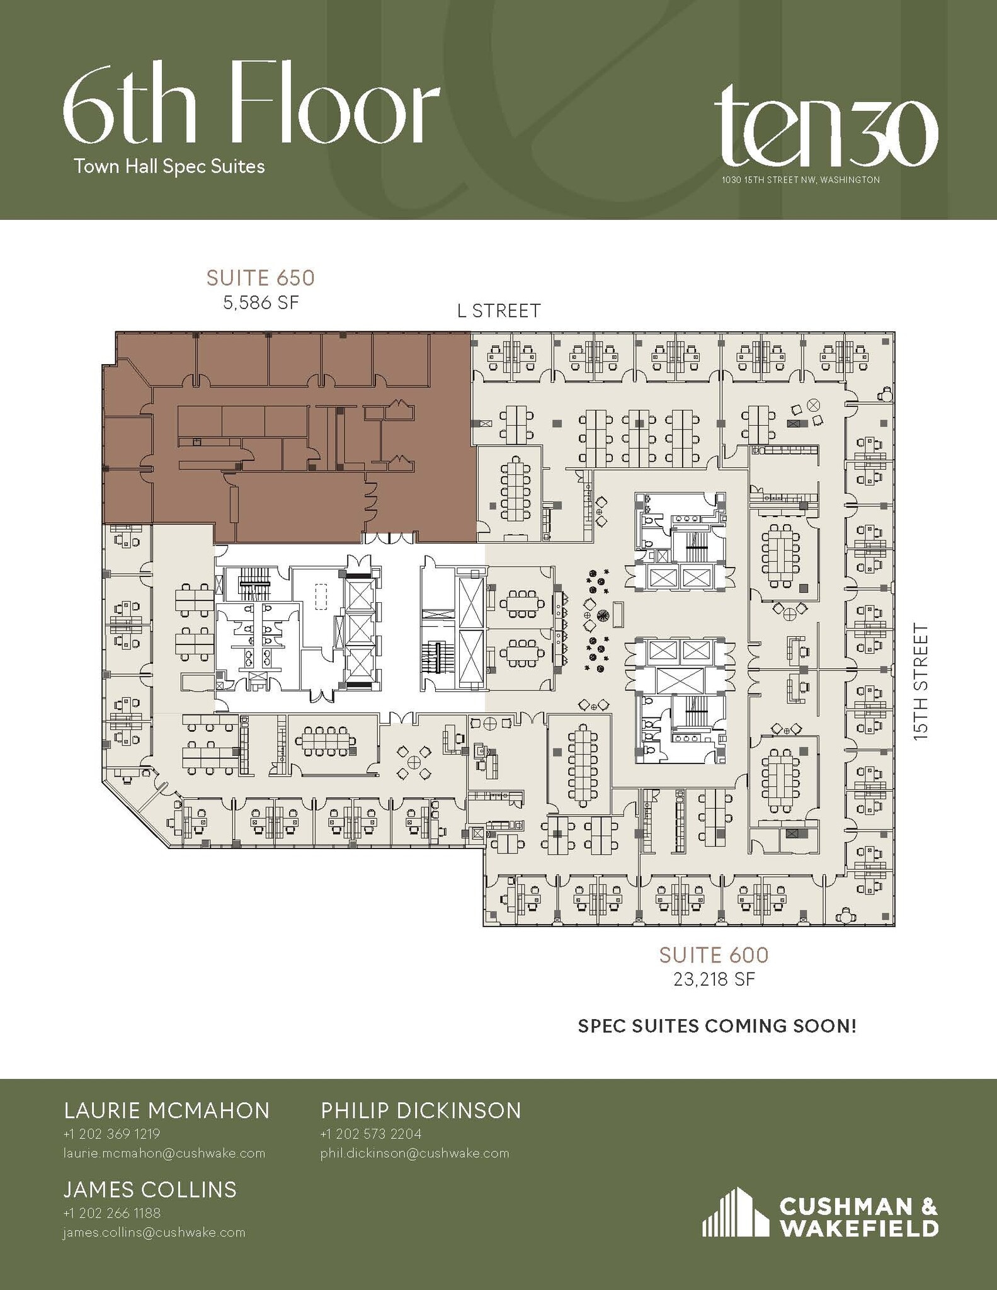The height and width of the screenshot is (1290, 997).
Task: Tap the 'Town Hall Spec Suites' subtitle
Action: (169, 166)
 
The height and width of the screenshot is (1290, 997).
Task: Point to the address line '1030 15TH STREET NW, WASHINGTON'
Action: (800, 180)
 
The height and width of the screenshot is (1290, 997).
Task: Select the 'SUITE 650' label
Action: (260, 278)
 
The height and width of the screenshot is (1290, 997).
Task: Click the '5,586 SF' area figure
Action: (260, 303)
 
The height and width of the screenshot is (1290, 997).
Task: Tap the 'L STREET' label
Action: (499, 311)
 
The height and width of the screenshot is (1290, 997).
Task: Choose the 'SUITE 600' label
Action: (714, 955)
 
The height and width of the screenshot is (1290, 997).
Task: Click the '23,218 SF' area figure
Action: (714, 979)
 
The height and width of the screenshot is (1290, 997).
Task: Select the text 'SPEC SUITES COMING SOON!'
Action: (717, 1026)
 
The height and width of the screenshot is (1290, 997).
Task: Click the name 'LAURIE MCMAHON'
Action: (167, 1110)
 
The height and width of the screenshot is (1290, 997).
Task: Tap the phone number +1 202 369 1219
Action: (111, 1134)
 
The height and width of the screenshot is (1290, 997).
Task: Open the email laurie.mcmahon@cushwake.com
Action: (164, 1153)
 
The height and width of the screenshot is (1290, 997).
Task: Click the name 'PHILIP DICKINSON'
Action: (421, 1110)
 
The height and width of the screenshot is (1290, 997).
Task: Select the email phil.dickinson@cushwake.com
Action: (414, 1153)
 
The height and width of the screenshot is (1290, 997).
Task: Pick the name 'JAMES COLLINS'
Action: (150, 1189)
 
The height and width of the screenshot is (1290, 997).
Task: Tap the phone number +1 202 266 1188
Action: (111, 1213)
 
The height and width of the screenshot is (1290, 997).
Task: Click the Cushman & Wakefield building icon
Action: (734, 1212)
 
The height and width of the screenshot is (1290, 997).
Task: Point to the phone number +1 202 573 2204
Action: (370, 1134)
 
